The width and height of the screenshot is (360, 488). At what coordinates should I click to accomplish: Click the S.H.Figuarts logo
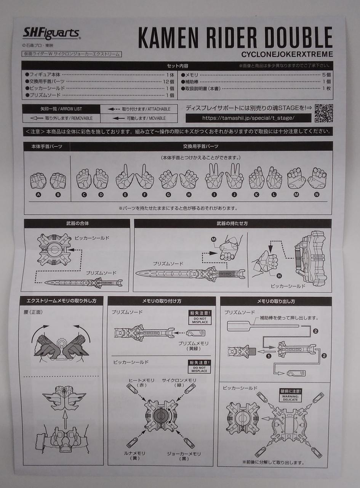tap(51, 34)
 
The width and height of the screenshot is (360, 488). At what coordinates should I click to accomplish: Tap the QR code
tap(324, 113)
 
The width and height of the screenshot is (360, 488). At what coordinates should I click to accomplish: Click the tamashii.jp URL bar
tap(248, 118)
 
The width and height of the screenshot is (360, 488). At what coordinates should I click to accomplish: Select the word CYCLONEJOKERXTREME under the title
tap(287, 54)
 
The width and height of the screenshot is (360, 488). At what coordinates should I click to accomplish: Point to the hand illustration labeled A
tap(38, 181)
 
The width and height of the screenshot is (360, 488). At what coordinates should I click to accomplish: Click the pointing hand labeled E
tap(124, 177)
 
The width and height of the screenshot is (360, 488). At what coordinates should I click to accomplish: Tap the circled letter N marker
tap(317, 194)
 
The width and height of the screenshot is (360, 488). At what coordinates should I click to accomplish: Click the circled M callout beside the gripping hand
tap(214, 239)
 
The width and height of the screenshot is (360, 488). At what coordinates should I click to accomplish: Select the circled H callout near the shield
tap(279, 276)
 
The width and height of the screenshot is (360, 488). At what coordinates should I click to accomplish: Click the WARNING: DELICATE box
tap(290, 395)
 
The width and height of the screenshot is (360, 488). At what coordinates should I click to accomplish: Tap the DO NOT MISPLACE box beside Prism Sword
tap(200, 318)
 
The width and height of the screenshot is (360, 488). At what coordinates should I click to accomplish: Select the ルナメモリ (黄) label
tap(134, 456)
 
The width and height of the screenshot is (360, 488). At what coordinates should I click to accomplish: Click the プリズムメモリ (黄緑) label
tap(193, 346)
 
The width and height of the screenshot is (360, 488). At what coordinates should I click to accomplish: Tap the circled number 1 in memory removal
tap(269, 356)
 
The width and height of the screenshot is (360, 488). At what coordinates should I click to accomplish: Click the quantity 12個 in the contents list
tap(169, 82)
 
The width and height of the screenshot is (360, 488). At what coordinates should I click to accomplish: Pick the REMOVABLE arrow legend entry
tap(61, 118)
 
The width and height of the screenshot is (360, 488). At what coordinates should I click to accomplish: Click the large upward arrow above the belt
tap(65, 417)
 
